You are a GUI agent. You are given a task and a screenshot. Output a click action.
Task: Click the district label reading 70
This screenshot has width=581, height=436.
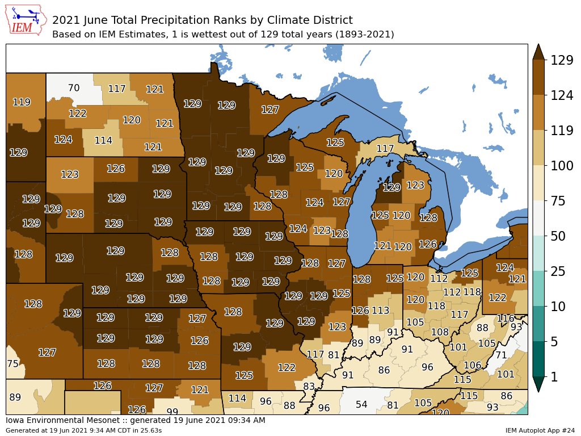[74, 88]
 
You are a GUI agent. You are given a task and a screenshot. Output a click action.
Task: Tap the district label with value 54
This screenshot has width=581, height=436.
[361, 404]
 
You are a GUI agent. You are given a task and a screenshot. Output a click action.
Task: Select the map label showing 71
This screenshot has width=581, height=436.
[500, 355]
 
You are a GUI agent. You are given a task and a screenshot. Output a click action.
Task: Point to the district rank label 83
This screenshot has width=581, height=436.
[309, 387]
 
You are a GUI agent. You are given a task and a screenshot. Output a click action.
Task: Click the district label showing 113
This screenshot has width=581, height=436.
[380, 311]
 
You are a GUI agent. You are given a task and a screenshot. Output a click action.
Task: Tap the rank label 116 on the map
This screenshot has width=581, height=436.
[505, 319]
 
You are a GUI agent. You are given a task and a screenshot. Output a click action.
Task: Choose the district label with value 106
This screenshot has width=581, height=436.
[472, 365]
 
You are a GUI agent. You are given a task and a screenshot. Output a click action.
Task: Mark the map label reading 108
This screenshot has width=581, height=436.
[440, 332]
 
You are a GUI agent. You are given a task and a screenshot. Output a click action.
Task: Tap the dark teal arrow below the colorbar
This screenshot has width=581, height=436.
[539, 384]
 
